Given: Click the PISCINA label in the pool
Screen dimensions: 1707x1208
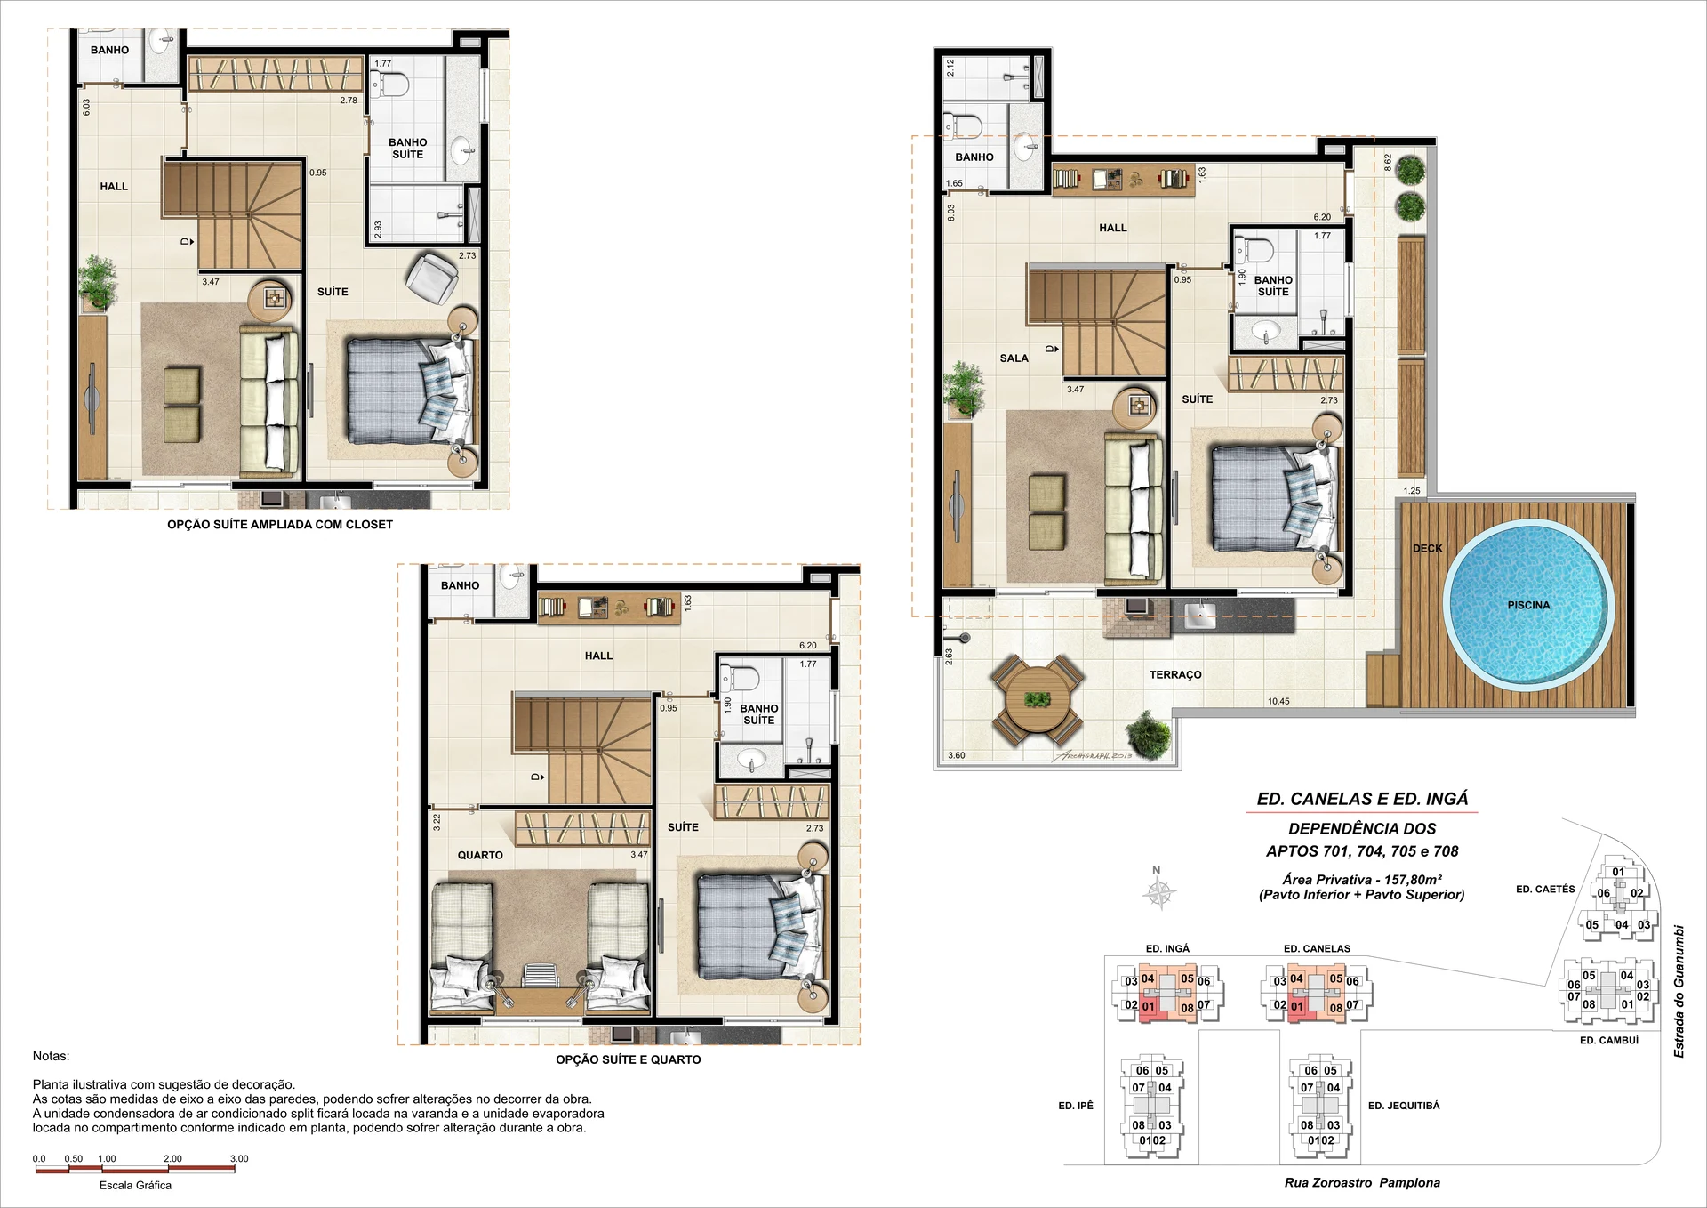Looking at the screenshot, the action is click(x=1528, y=605).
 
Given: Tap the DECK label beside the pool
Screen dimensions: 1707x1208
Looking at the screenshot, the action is click(x=1427, y=548).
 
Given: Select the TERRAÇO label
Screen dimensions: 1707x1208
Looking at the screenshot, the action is click(x=1175, y=674).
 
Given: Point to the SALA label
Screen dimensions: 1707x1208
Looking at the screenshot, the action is click(x=1014, y=358).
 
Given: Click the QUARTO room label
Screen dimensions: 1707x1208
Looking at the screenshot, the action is click(x=480, y=855).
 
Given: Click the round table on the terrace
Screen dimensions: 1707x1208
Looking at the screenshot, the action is click(x=1037, y=699).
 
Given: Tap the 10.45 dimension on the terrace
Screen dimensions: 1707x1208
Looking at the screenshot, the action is click(x=1278, y=701).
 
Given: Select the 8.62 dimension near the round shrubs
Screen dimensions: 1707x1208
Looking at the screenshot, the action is click(x=1388, y=162).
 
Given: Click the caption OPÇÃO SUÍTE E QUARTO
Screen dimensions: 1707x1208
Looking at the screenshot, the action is click(x=629, y=1059).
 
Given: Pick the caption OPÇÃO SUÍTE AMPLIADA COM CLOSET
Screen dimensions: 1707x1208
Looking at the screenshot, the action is click(x=280, y=525).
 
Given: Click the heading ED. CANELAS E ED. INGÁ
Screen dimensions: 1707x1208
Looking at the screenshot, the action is click(x=1362, y=799).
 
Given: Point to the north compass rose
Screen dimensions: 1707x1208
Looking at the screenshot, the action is click(x=1159, y=891).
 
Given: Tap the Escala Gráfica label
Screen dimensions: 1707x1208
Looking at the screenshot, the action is click(x=135, y=1185).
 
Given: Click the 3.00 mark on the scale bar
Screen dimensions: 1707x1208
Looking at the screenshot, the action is click(x=239, y=1158).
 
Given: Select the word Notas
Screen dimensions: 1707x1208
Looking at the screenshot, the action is click(x=51, y=1056).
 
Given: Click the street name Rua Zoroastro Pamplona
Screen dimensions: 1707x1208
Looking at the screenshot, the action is click(x=1362, y=1182).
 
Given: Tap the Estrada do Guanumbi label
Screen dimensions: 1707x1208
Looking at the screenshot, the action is click(x=1679, y=992).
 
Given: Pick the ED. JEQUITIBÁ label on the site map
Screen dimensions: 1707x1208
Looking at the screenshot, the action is click(x=1404, y=1106).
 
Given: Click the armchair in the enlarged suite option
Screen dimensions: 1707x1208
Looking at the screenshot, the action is click(x=432, y=277).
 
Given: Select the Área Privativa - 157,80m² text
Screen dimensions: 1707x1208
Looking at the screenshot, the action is click(x=1361, y=879).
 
